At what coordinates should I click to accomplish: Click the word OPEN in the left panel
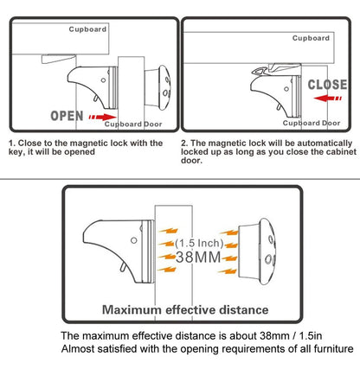(x=67, y=113)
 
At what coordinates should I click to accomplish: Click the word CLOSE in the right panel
(x=326, y=85)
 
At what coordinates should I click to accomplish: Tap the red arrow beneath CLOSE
(x=326, y=99)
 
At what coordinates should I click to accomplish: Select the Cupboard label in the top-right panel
(x=310, y=38)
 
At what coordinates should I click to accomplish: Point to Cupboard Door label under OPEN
(x=133, y=124)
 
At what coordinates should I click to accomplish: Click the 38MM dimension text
(x=198, y=256)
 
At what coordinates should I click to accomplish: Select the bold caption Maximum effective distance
(x=184, y=309)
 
